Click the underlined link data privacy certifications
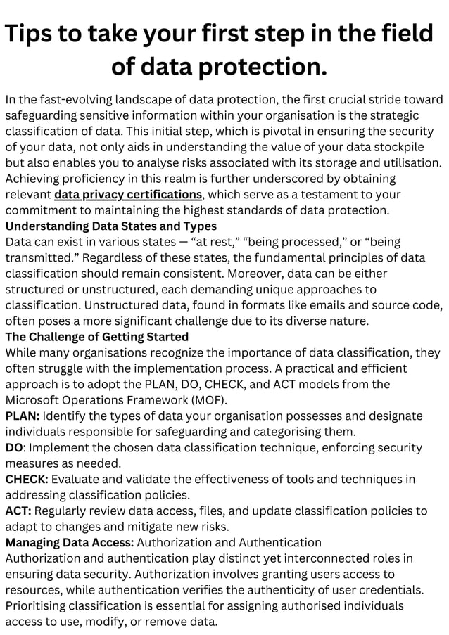pyautogui.click(x=129, y=194)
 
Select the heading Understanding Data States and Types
pyautogui.click(x=111, y=226)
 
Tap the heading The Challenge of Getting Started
pyautogui.click(x=97, y=336)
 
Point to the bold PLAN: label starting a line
pyautogui.click(x=23, y=416)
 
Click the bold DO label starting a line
pyautogui.click(x=15, y=447)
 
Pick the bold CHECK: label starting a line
pyautogui.click(x=27, y=479)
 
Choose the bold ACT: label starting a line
pyautogui.click(x=18, y=511)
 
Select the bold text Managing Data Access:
pyautogui.click(x=70, y=542)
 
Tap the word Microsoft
pyautogui.click(x=36, y=399)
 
